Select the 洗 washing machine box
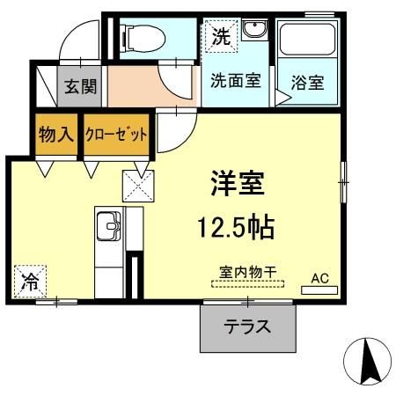click(x=220, y=37)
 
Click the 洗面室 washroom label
click(x=234, y=81)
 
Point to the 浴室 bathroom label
click(x=307, y=84)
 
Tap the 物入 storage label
click(x=55, y=135)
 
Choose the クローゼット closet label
click(x=115, y=135)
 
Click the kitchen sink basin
click(x=106, y=227)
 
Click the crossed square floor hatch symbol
click(x=138, y=185)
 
